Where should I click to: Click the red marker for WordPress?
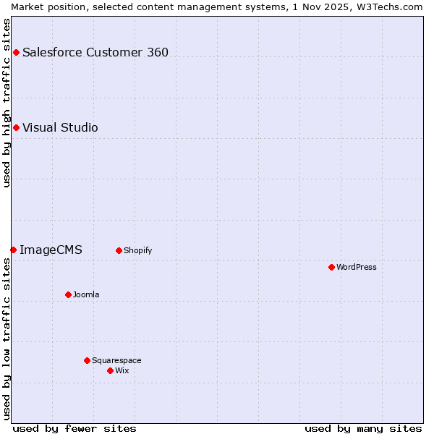click(x=331, y=267)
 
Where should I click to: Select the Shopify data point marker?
click(x=119, y=250)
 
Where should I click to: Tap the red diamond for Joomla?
click(x=68, y=294)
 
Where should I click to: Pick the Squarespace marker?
click(x=87, y=360)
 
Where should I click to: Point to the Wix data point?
click(x=110, y=370)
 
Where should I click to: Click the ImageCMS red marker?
click(x=13, y=250)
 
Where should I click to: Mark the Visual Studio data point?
click(x=16, y=127)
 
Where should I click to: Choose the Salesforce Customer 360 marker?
click(x=16, y=52)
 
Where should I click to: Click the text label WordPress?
click(x=357, y=267)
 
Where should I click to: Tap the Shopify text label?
click(x=137, y=250)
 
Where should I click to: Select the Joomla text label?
click(x=86, y=294)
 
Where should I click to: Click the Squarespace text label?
click(x=116, y=360)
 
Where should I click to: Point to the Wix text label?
click(x=122, y=370)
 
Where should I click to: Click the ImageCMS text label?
click(x=51, y=250)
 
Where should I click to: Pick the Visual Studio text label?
click(x=60, y=127)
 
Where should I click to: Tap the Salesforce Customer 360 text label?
click(x=95, y=52)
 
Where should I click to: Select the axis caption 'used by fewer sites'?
click(x=75, y=428)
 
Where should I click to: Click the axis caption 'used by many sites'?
click(x=363, y=428)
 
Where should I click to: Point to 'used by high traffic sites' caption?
click(x=7, y=103)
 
